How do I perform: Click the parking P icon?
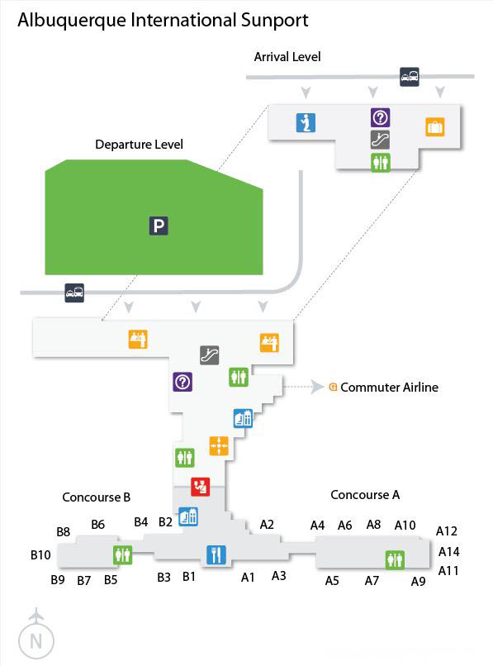tap(159, 226)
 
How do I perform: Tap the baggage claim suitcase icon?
tap(435, 126)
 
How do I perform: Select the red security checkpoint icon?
tap(201, 487)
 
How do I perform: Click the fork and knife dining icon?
tap(216, 554)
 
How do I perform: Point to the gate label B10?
tap(40, 554)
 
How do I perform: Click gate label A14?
tap(449, 552)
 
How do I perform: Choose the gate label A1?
tap(248, 578)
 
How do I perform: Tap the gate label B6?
tap(98, 525)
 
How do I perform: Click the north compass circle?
tap(36, 641)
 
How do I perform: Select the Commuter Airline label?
tap(390, 387)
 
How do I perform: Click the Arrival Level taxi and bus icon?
tap(410, 77)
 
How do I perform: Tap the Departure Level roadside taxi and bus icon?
tap(74, 293)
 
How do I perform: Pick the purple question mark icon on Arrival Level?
tap(381, 117)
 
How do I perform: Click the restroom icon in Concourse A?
tap(395, 559)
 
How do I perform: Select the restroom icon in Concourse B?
tap(123, 554)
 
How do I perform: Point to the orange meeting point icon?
tap(219, 446)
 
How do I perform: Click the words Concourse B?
tap(97, 497)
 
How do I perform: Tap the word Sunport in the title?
tap(274, 21)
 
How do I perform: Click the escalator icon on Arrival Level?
tap(380, 140)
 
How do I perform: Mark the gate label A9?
tap(418, 581)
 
